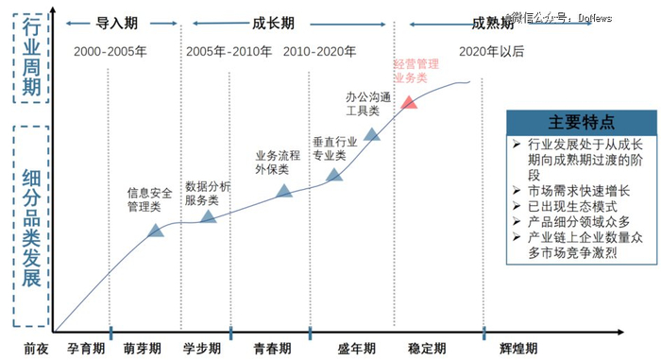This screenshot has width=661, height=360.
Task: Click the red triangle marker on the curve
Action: click(x=409, y=102)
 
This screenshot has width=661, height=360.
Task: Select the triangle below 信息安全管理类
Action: click(x=157, y=230)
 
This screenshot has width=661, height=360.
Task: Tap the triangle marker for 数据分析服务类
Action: click(x=208, y=217)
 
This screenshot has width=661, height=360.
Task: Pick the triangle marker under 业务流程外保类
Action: click(x=284, y=192)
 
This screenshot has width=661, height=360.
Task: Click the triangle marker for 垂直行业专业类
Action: click(x=334, y=176)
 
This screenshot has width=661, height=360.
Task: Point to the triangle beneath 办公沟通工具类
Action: click(x=372, y=136)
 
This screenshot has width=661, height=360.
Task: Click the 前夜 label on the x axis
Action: click(x=35, y=347)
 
